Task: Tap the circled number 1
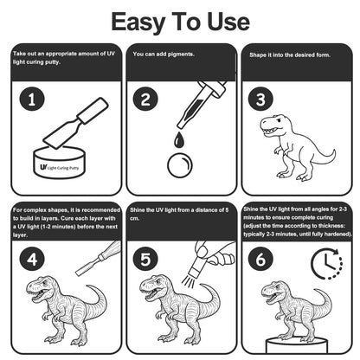pyautogui.click(x=32, y=100)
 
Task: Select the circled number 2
pyautogui.click(x=145, y=100)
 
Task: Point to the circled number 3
pyautogui.click(x=260, y=100)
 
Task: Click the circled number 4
pyautogui.click(x=32, y=259)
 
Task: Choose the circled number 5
pyautogui.click(x=145, y=259)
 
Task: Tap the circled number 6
pyautogui.click(x=260, y=259)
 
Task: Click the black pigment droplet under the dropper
pyautogui.click(x=179, y=139)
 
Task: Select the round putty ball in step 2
pyautogui.click(x=180, y=165)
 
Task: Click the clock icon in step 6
pyautogui.click(x=326, y=264)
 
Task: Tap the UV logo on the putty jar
pyautogui.click(x=43, y=167)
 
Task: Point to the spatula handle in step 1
pyautogui.click(x=93, y=110)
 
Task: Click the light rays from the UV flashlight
pyautogui.click(x=189, y=280)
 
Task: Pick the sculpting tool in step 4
pyautogui.click(x=98, y=258)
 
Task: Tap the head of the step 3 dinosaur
pyautogui.click(x=273, y=125)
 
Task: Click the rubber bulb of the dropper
pyautogui.click(x=217, y=88)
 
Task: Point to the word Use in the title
pyautogui.click(x=228, y=22)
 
